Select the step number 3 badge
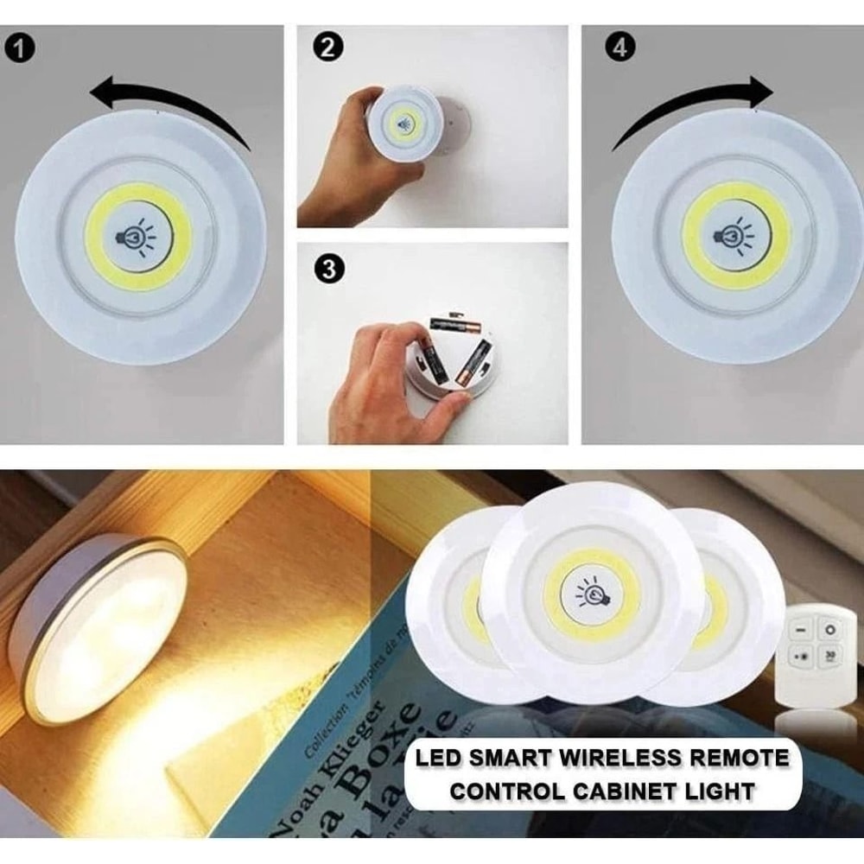point(327,269)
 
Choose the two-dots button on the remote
point(800,657)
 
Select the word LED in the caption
point(438,759)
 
